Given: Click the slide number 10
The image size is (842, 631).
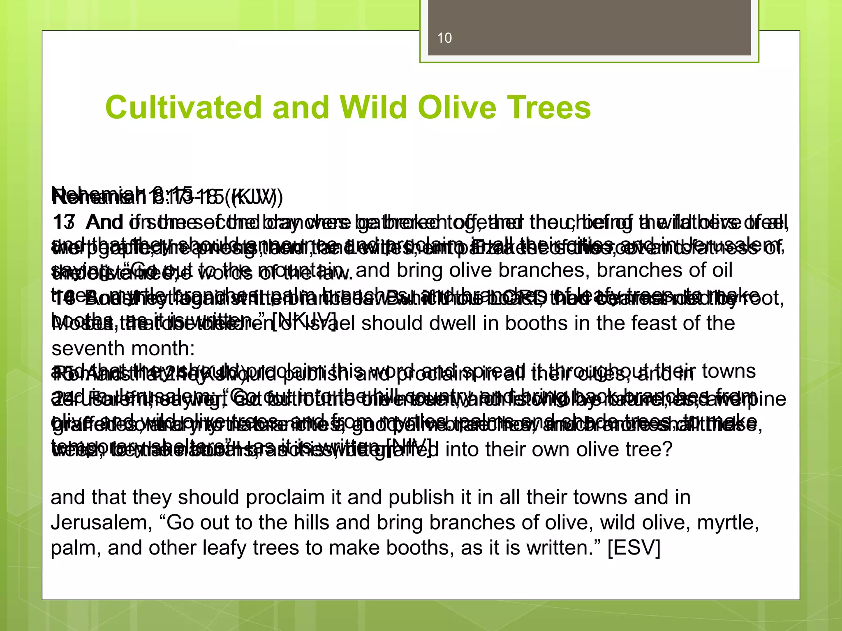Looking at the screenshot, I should (x=444, y=38).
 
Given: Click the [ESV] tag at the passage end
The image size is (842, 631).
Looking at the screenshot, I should (x=634, y=548).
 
